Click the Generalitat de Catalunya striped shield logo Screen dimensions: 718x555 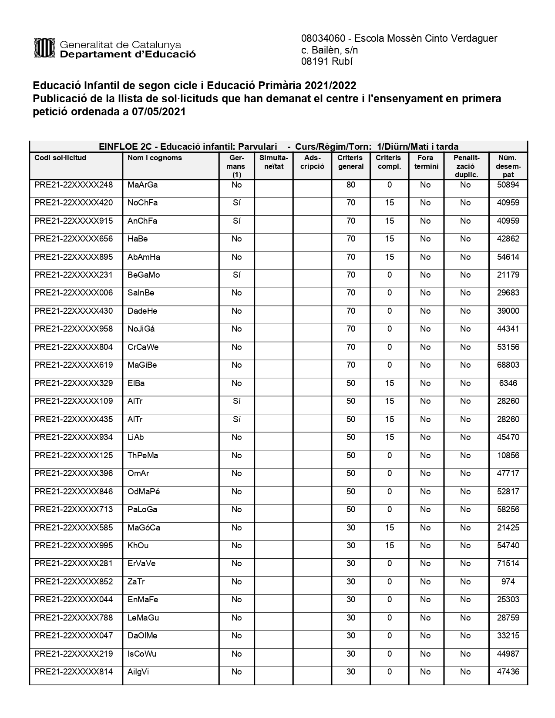[44, 48]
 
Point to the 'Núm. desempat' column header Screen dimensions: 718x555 [508, 166]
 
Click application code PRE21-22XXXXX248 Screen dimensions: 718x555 [74, 185]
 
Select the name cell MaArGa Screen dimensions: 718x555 [142, 185]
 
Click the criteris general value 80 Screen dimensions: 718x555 [351, 185]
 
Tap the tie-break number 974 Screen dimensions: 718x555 [508, 582]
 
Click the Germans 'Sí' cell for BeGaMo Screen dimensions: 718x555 [236, 275]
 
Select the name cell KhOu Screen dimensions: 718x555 [138, 546]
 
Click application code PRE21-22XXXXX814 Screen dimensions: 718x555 [74, 672]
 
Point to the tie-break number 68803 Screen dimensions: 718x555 [508, 365]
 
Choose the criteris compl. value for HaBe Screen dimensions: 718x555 [389, 239]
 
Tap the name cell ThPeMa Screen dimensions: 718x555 [142, 456]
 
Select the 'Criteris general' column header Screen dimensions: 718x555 [350, 162]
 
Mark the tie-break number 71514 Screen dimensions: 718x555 [508, 564]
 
